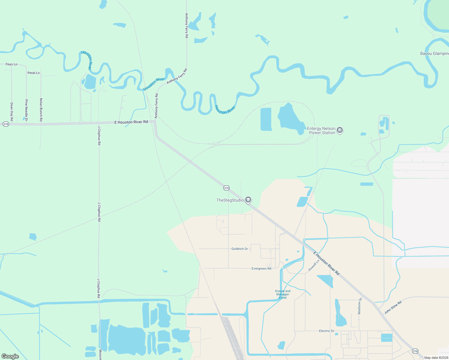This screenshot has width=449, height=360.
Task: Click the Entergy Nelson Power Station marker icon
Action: (340, 130)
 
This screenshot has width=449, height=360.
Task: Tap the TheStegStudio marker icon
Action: (248, 200)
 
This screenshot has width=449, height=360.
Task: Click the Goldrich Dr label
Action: (240, 249)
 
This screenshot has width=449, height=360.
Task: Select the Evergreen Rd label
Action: (261, 268)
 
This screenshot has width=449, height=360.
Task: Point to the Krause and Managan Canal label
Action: (283, 294)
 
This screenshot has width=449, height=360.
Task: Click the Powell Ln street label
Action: (314, 265)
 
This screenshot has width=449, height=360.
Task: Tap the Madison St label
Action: (360, 306)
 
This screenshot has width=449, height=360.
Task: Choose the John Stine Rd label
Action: (393, 307)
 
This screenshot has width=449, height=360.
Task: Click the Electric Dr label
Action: (327, 331)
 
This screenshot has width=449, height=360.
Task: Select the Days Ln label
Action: (11, 64)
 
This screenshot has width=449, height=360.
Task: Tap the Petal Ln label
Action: (34, 73)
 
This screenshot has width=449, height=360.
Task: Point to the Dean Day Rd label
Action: (12, 112)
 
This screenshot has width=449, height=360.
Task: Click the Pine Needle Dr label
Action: (26, 110)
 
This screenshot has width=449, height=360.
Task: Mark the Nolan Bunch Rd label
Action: (41, 110)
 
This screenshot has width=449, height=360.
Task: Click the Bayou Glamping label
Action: (434, 53)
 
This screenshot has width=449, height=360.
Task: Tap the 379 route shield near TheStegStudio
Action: (226, 188)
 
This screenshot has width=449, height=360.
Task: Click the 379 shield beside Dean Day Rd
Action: (6, 124)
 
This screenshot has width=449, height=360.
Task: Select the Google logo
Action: (10, 356)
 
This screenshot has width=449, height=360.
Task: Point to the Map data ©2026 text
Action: (436, 358)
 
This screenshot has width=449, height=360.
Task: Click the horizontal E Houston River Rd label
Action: (131, 122)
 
